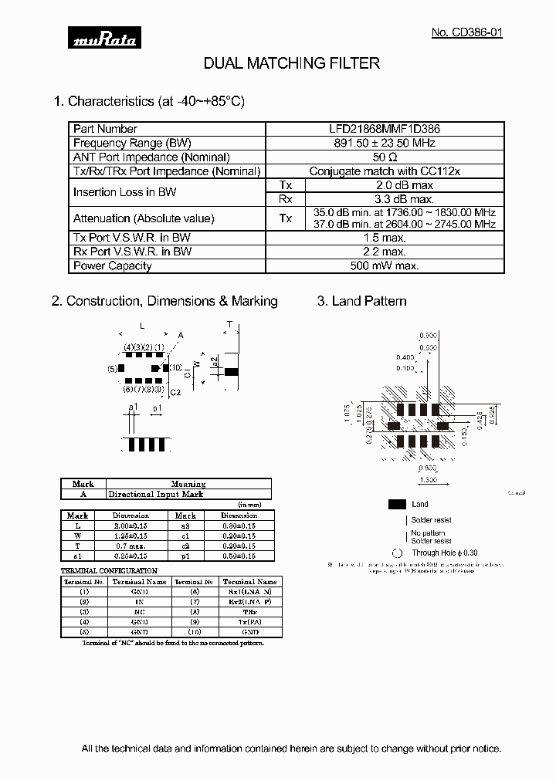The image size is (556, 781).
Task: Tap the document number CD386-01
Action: click(x=466, y=33)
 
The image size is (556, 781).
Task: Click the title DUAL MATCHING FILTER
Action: click(x=291, y=63)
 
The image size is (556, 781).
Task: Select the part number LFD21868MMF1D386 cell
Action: click(x=385, y=130)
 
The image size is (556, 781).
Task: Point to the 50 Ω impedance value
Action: click(x=385, y=157)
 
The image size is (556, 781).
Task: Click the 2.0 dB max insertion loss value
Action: click(x=405, y=185)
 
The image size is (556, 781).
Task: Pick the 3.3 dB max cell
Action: click(x=405, y=199)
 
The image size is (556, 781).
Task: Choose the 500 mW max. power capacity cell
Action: click(x=385, y=266)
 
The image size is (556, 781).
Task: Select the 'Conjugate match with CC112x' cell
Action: click(x=385, y=171)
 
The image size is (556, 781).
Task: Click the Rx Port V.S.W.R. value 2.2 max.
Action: click(x=385, y=252)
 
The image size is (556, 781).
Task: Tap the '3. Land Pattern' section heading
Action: click(x=361, y=301)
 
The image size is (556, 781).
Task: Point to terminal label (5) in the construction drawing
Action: click(x=112, y=369)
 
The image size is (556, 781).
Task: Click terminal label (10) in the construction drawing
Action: click(x=175, y=368)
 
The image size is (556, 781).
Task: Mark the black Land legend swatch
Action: click(x=398, y=504)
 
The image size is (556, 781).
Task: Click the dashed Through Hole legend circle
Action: click(x=398, y=553)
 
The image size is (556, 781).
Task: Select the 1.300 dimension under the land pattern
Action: click(x=428, y=479)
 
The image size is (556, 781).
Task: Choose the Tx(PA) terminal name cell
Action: click(x=249, y=621)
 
